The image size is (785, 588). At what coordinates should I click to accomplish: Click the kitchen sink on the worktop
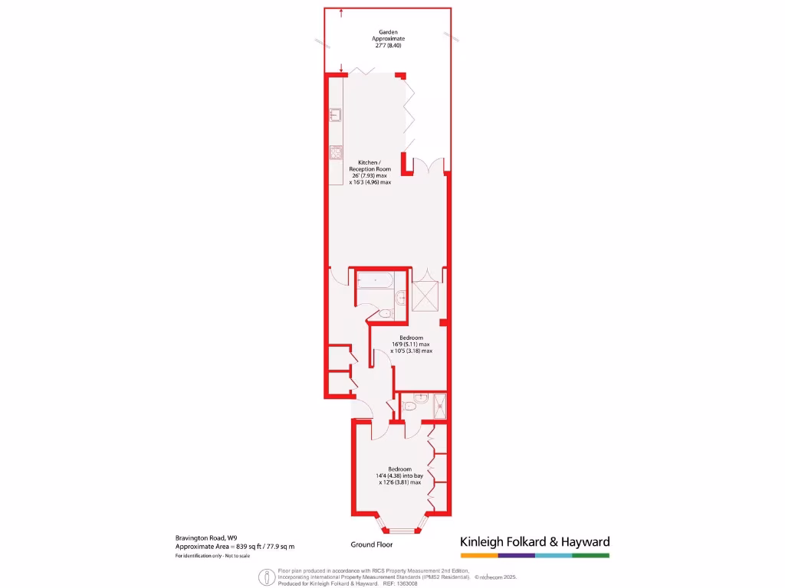336,116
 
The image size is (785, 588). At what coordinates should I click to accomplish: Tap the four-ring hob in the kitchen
336,152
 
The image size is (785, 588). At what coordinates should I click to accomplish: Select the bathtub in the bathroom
375,281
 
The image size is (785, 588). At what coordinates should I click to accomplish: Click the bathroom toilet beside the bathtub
386,313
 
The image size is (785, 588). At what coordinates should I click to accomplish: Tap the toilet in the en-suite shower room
409,407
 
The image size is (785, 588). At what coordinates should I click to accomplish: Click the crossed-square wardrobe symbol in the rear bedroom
425,296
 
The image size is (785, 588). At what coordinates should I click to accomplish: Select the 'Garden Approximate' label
387,34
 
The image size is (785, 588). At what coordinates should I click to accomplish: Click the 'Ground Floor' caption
372,545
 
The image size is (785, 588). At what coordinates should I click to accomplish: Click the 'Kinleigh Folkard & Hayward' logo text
534,541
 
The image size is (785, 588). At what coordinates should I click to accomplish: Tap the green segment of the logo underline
591,555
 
